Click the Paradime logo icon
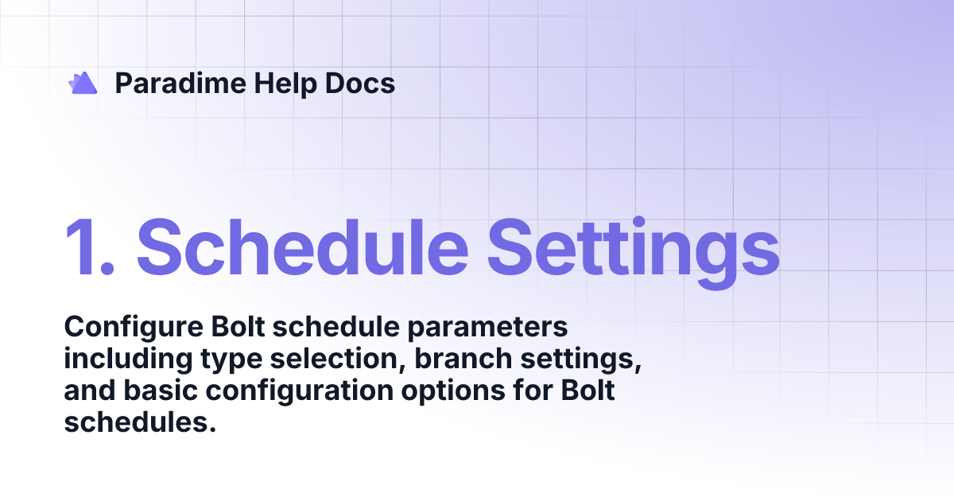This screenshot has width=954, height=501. (x=83, y=83)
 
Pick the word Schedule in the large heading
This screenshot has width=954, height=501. (x=302, y=245)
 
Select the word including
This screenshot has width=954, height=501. (x=122, y=359)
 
